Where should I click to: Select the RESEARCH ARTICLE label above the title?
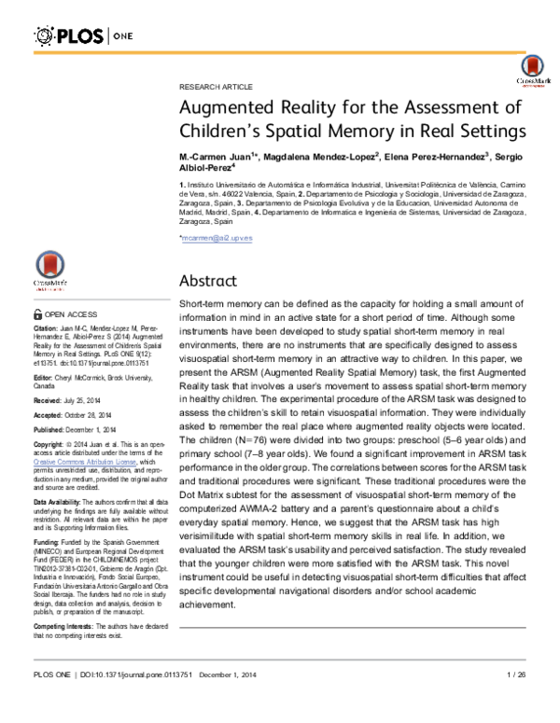click(x=212, y=85)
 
